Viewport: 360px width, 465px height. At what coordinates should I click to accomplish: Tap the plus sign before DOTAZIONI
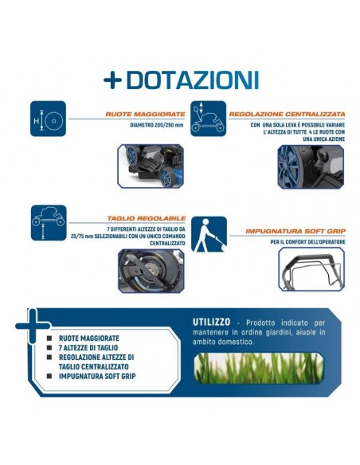tap(112, 80)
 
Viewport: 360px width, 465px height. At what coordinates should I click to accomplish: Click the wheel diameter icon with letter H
tap(48, 120)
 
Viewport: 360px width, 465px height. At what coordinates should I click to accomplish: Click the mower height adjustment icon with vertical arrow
tap(207, 121)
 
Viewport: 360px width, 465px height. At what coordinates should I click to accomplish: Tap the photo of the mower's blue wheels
tap(151, 165)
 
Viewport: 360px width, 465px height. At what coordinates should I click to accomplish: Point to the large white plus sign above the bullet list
tap(33, 324)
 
